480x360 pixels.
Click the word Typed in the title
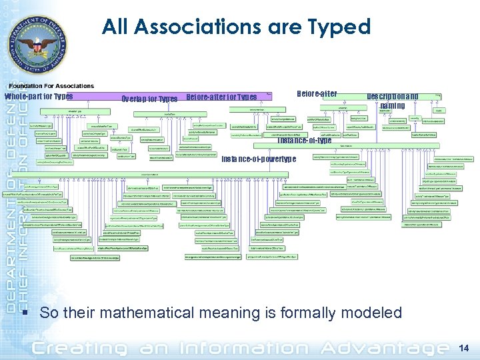(341, 27)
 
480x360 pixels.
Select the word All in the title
(118, 27)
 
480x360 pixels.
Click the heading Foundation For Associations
(51, 86)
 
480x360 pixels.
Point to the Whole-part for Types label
(39, 97)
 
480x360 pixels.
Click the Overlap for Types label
(149, 99)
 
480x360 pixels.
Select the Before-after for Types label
(222, 97)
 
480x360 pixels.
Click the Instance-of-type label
(305, 141)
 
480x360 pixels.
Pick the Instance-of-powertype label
(259, 159)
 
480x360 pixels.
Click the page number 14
(464, 347)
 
